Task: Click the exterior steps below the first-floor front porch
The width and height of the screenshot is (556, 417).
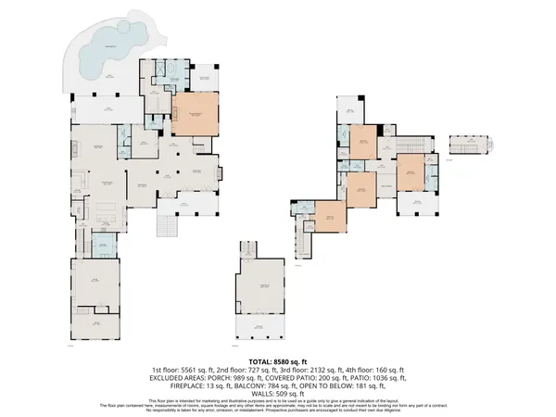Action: [168, 227]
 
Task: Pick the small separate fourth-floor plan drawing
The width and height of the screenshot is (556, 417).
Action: [468, 146]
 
